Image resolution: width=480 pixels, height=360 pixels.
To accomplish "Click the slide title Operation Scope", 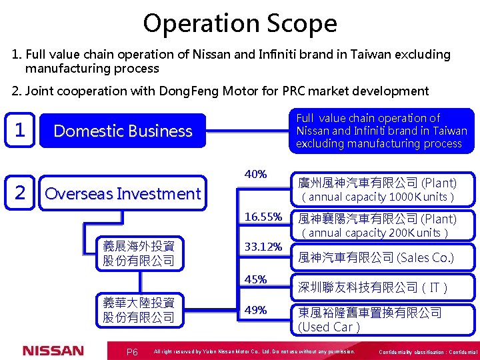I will [240, 23].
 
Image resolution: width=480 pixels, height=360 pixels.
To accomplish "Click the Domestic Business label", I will [123, 131].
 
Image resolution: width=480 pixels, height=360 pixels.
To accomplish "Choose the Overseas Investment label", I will [122, 194].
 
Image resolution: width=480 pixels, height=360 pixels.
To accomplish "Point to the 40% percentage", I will [256, 175].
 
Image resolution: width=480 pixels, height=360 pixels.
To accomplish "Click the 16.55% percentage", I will [263, 217].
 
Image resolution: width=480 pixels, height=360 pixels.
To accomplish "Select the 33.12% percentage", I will [263, 247].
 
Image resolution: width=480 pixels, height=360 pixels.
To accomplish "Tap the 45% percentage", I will [256, 279].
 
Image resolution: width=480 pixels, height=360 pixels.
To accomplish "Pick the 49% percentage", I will [256, 310].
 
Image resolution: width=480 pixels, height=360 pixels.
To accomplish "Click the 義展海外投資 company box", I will [139, 253].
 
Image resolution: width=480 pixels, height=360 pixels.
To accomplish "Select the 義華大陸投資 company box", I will [139, 310].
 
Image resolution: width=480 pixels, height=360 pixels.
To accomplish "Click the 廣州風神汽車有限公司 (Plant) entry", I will [377, 183].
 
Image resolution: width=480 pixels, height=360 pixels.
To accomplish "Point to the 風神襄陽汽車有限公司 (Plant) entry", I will [377, 219].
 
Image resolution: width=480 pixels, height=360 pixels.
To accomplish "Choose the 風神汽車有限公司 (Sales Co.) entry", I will [376, 257].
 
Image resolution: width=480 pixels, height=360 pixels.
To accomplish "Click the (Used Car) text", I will [329, 327].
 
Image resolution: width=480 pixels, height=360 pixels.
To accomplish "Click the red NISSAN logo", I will [53, 351].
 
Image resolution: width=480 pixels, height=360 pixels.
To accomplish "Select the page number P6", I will [132, 352].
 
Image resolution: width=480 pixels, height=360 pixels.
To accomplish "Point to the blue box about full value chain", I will [382, 131].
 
